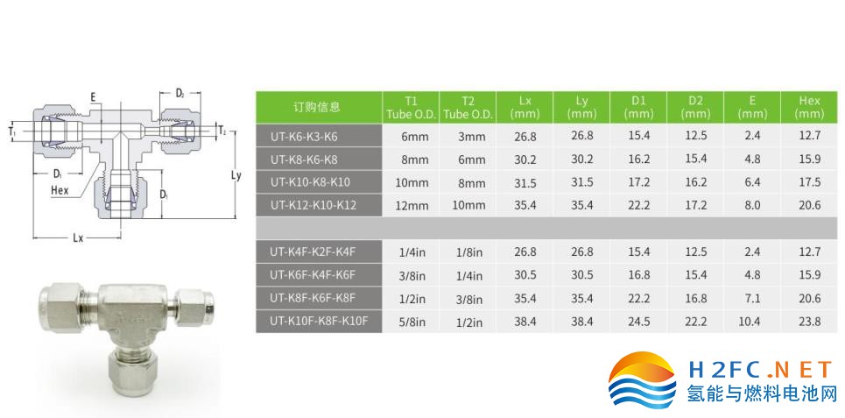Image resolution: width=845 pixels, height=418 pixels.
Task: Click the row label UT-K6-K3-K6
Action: (304, 137)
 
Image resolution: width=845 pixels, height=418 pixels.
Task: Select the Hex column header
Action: (809, 107)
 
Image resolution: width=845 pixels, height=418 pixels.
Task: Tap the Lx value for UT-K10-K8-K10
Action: (525, 183)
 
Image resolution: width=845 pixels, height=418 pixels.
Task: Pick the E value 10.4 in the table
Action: (752, 322)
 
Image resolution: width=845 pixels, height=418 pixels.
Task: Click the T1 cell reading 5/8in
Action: (412, 322)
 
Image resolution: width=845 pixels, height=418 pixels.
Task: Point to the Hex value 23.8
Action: (810, 322)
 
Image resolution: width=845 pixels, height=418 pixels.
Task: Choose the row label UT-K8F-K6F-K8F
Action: (313, 298)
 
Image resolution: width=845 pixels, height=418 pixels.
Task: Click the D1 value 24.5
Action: (639, 322)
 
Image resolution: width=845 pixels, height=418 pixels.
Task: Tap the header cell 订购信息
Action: (317, 107)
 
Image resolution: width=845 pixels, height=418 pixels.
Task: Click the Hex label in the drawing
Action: (60, 190)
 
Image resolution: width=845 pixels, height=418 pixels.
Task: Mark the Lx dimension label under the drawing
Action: (78, 237)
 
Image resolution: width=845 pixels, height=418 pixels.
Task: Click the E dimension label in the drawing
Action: (93, 97)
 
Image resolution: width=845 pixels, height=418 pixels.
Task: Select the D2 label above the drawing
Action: (180, 93)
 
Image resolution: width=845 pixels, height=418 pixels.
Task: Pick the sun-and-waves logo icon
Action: (642, 381)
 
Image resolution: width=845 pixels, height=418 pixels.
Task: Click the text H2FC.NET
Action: (760, 371)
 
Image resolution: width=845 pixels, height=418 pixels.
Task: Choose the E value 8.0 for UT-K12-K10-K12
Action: (752, 205)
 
